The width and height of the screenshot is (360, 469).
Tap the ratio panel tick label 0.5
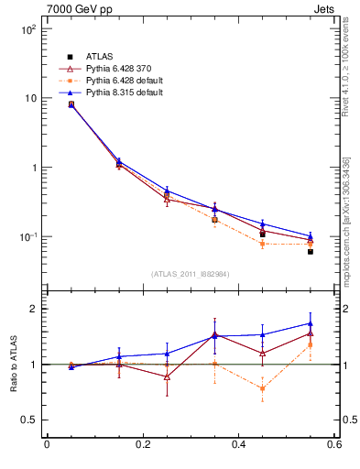pyautogui.click(x=29, y=420)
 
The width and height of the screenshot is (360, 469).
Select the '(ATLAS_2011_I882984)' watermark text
pyautogui.click(x=190, y=274)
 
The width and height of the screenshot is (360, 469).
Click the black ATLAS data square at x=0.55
pyautogui.click(x=311, y=251)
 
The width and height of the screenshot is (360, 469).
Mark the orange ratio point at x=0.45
pyautogui.click(x=262, y=388)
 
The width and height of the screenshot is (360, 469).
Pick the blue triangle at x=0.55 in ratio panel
pyautogui.click(x=311, y=323)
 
